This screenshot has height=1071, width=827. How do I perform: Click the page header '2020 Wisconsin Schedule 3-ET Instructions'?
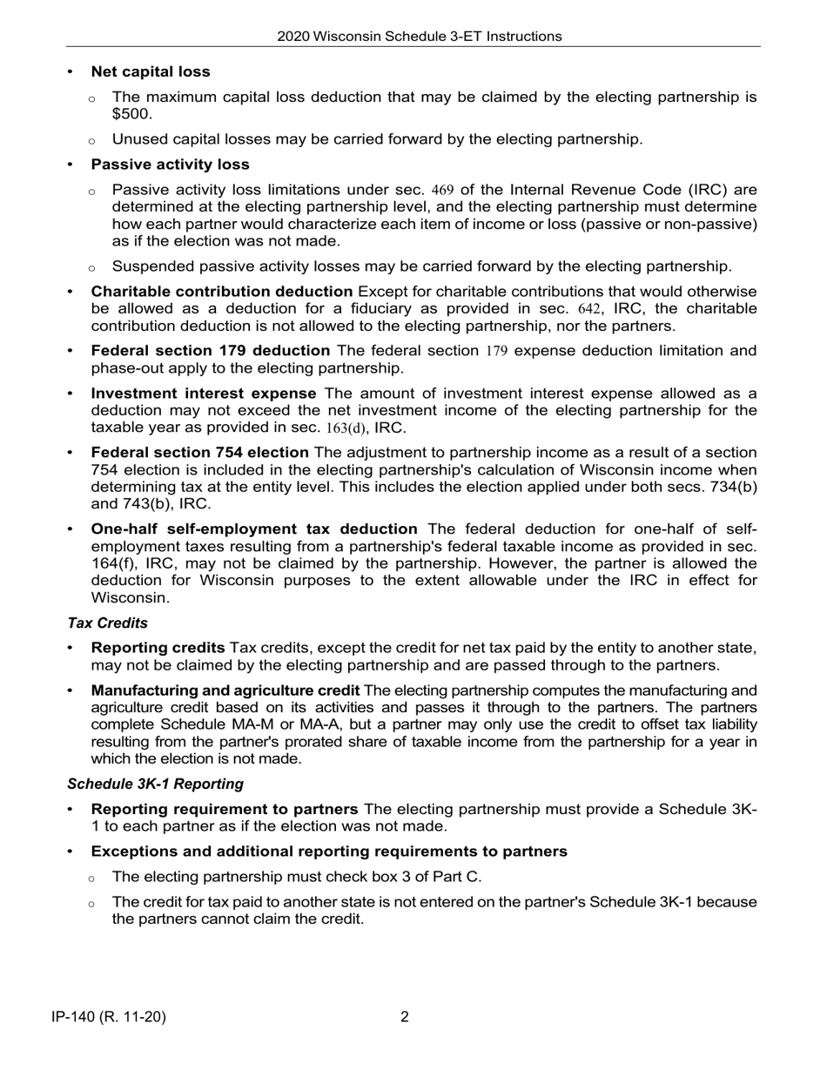click(419, 37)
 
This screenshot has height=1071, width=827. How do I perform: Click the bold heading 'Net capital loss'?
click(151, 71)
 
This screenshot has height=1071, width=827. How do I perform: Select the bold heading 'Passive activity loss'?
click(170, 165)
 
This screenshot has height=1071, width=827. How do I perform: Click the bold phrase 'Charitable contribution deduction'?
click(222, 292)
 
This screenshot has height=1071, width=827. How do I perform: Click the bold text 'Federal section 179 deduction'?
click(211, 351)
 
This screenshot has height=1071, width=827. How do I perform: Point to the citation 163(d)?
click(346, 428)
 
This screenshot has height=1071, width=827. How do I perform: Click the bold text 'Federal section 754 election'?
click(200, 453)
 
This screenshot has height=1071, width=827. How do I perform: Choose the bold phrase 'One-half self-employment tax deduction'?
click(254, 529)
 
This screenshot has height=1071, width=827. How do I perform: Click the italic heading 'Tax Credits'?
click(108, 623)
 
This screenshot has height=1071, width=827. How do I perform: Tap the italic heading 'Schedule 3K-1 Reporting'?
click(155, 784)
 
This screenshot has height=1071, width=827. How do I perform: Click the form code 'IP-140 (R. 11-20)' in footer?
click(109, 1016)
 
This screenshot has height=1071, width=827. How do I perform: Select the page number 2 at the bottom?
click(405, 1016)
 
